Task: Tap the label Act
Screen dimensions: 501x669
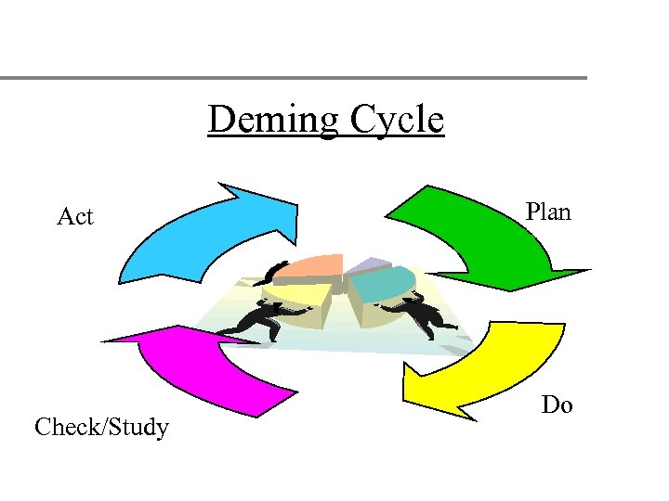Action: [75, 217]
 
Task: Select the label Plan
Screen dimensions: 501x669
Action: [548, 212]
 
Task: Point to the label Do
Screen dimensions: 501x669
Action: [557, 405]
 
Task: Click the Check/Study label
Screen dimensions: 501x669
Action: [101, 428]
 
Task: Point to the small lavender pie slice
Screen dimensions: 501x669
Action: [368, 264]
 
